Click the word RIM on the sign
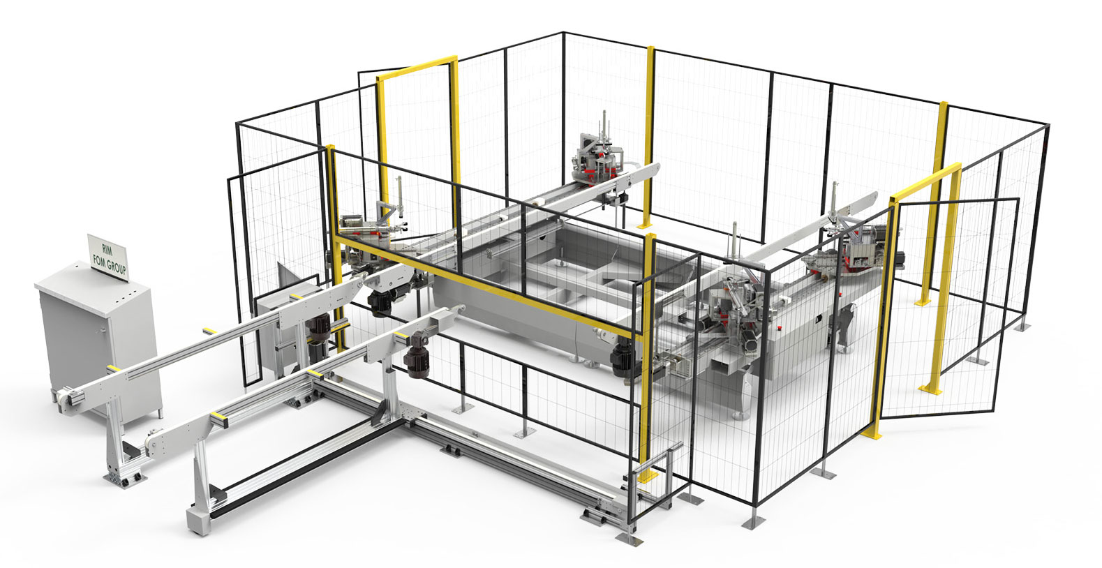tap(107, 250)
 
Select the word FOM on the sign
tap(100, 259)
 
